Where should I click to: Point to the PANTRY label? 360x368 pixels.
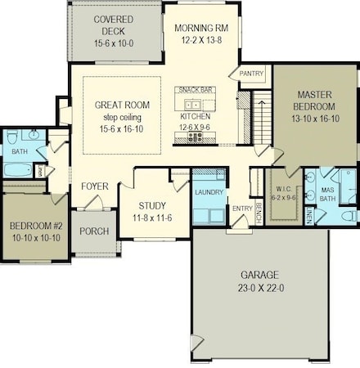click(250, 74)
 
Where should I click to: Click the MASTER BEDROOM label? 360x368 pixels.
click(313, 101)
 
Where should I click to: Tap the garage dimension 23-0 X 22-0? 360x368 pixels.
click(259, 289)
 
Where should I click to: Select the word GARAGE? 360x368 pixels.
click(259, 275)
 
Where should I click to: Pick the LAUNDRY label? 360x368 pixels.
click(209, 191)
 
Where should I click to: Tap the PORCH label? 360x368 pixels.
click(94, 231)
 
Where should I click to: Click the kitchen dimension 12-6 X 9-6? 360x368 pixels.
click(195, 127)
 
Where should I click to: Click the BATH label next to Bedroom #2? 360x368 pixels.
click(18, 151)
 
